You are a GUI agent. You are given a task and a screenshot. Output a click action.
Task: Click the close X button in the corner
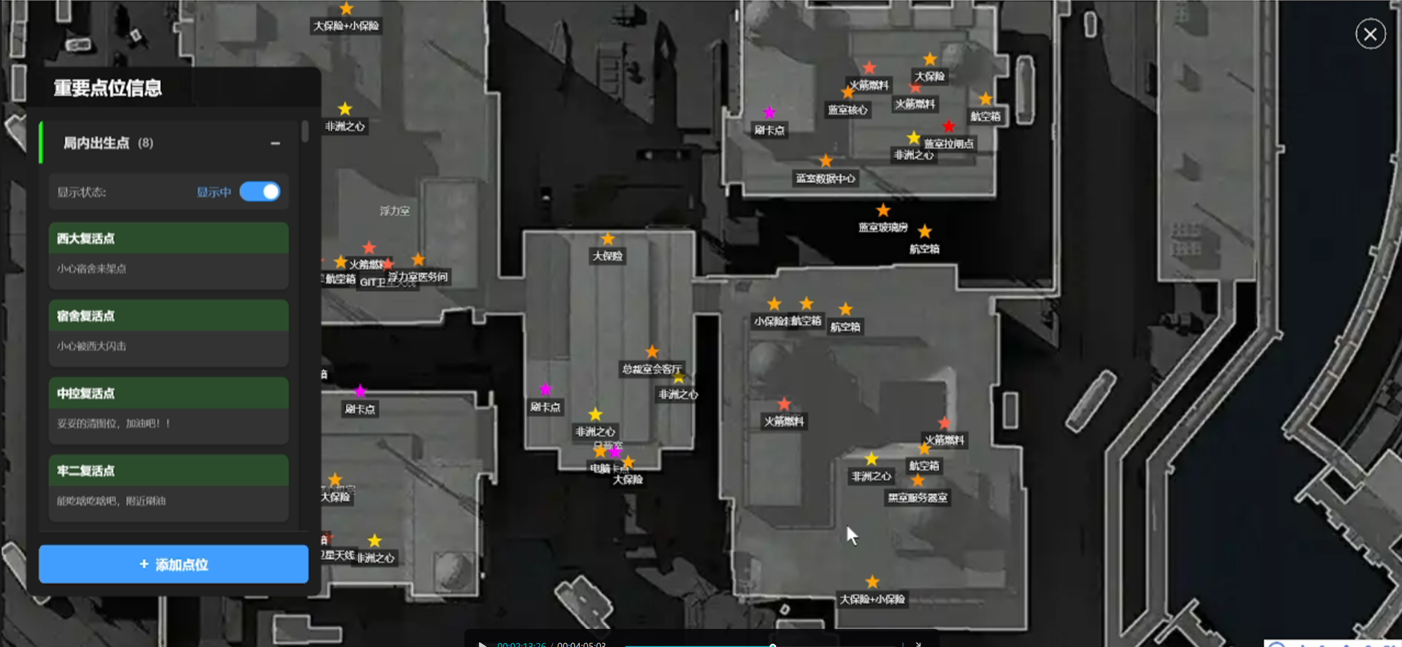point(1370,34)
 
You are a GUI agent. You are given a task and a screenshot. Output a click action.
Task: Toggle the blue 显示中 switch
point(260,192)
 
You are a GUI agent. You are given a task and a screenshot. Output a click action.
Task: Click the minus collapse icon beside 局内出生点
point(275,143)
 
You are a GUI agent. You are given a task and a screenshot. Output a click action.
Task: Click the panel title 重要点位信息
point(108,88)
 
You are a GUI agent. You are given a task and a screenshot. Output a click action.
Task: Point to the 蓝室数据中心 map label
point(825,179)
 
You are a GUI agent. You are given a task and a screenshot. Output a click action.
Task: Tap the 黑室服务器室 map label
point(917,498)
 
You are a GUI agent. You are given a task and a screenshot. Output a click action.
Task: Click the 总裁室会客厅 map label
point(651,369)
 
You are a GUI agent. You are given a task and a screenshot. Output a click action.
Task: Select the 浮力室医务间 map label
point(418,277)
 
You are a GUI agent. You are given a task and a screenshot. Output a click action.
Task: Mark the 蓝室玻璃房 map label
point(883,227)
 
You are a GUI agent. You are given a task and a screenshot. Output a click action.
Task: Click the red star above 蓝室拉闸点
point(949,127)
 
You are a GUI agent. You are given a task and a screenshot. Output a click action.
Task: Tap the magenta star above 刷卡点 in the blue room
point(770,113)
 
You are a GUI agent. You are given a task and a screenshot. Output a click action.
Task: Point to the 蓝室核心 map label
point(847,110)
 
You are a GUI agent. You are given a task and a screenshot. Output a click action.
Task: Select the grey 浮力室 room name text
point(394,211)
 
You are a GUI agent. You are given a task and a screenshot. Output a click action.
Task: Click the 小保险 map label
point(770,321)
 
